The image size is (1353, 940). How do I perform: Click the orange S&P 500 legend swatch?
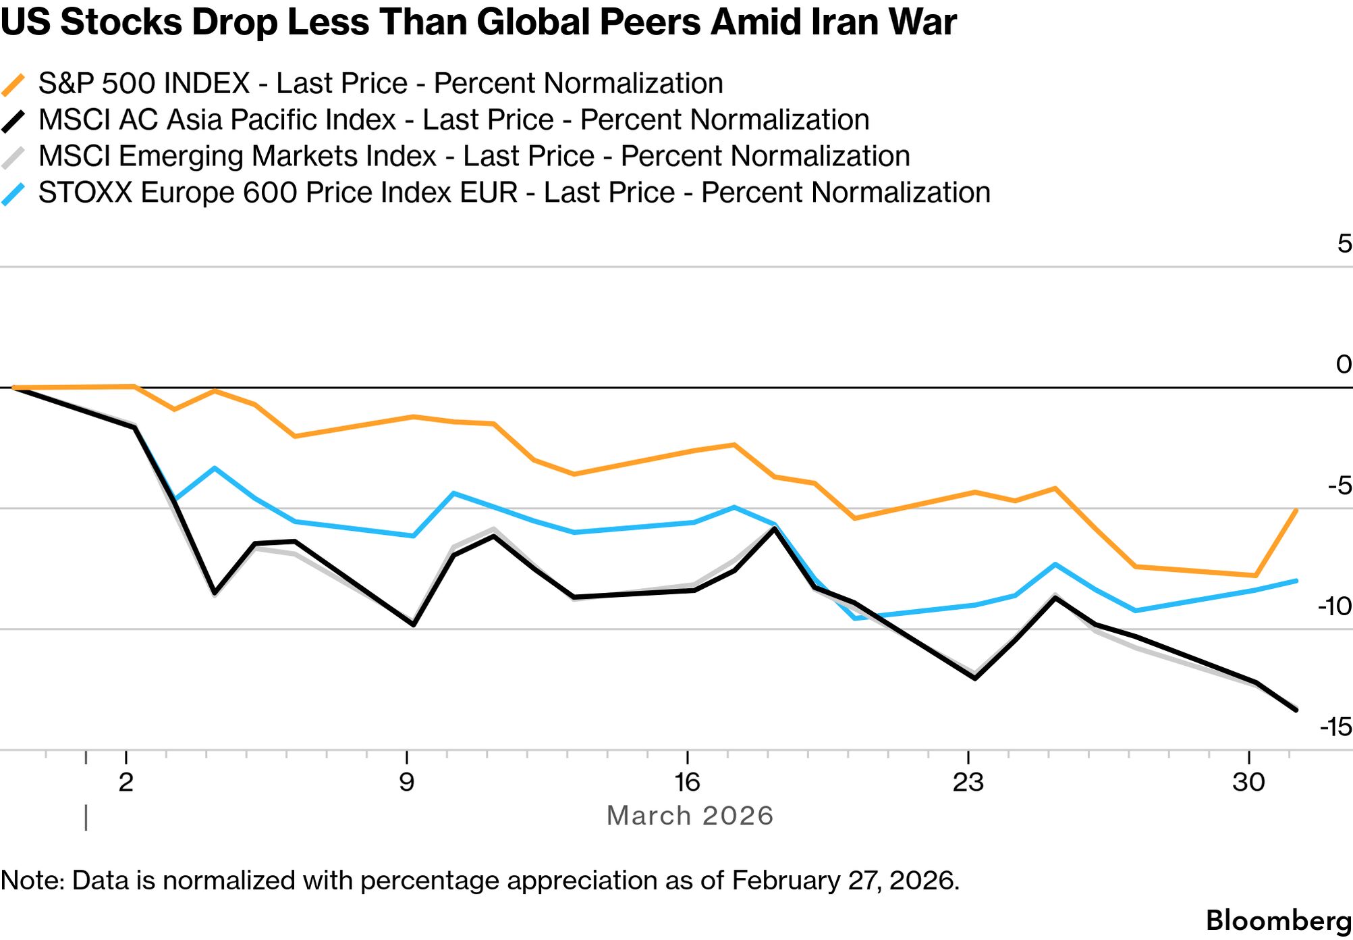[13, 85]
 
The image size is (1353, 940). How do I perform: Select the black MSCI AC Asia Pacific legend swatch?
[13, 122]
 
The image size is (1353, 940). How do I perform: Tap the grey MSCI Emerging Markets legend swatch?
[13, 158]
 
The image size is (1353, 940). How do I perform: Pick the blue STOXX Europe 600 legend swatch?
[13, 194]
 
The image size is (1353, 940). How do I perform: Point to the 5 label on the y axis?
[1344, 244]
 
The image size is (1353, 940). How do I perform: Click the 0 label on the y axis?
[1344, 365]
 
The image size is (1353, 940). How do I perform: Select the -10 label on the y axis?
[1334, 606]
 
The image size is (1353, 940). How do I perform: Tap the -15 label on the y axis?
[1335, 727]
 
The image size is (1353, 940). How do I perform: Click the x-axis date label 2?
[126, 783]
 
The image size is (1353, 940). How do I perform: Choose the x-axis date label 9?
[406, 783]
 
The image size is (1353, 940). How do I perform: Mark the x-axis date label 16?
[687, 783]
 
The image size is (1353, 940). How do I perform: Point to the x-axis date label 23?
[968, 783]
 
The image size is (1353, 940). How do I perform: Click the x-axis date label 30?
[1248, 783]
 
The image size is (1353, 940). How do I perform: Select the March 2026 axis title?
[690, 816]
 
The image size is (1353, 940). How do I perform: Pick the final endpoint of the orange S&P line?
[1296, 511]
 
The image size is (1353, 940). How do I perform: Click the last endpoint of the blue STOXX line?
[1296, 581]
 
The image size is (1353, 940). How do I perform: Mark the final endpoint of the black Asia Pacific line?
[1296, 710]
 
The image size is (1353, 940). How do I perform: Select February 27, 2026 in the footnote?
[845, 881]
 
